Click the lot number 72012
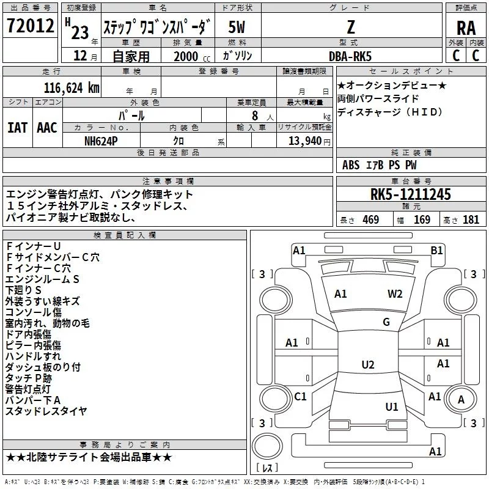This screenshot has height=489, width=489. pyautogui.click(x=30, y=25)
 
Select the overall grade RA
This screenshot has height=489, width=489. pyautogui.click(x=466, y=28)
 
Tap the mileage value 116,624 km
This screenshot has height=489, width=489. pyautogui.click(x=72, y=88)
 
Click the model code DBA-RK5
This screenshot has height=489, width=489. pyautogui.click(x=350, y=56)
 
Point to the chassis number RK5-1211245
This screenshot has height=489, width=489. pyautogui.click(x=410, y=194)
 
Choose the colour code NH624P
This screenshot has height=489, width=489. pyautogui.click(x=101, y=141)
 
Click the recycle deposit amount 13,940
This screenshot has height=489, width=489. pyautogui.click(x=304, y=141)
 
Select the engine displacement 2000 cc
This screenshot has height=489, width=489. pyautogui.click(x=192, y=56)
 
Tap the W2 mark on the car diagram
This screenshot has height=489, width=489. pyautogui.click(x=395, y=293)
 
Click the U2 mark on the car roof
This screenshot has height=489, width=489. pyautogui.click(x=368, y=364)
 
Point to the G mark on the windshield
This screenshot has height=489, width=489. pyautogui.click(x=386, y=322)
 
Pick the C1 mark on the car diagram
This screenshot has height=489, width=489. pyautogui.click(x=300, y=396)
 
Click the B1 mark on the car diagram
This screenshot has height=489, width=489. pyautogui.click(x=436, y=250)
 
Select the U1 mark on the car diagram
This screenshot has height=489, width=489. pyautogui.click(x=391, y=406)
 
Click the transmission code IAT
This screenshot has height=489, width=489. pyautogui.click(x=17, y=128)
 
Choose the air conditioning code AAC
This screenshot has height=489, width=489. pyautogui.click(x=47, y=128)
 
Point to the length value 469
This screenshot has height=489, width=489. pyautogui.click(x=371, y=219)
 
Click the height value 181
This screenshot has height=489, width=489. pyautogui.click(x=471, y=219)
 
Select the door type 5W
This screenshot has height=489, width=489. pyautogui.click(x=237, y=27)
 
